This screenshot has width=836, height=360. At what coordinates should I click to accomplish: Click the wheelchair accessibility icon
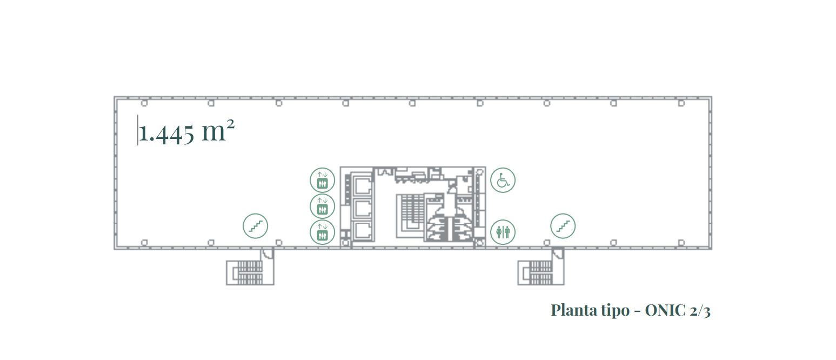pos(503,180)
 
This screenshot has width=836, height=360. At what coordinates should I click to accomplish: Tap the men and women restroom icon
pos(503,232)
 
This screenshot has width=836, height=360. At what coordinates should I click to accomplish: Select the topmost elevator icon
pos(322,180)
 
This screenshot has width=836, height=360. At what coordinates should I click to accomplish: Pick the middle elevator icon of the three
pos(322,206)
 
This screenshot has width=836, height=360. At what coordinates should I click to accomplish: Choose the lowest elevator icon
pos(322,232)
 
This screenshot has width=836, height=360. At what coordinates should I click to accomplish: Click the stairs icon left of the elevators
pos(255,226)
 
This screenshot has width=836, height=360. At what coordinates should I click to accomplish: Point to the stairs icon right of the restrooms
pos(563,226)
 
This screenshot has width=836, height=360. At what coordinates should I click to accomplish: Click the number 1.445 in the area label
pos(166,133)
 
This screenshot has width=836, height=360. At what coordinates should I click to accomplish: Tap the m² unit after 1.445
pos(218,131)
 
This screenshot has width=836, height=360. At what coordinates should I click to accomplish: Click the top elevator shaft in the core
pos(363,185)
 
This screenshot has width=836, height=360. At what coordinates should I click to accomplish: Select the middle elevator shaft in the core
pos(363,209)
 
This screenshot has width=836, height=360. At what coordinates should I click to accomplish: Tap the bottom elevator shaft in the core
pos(363,231)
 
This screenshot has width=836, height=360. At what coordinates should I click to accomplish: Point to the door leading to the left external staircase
pos(267,255)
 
